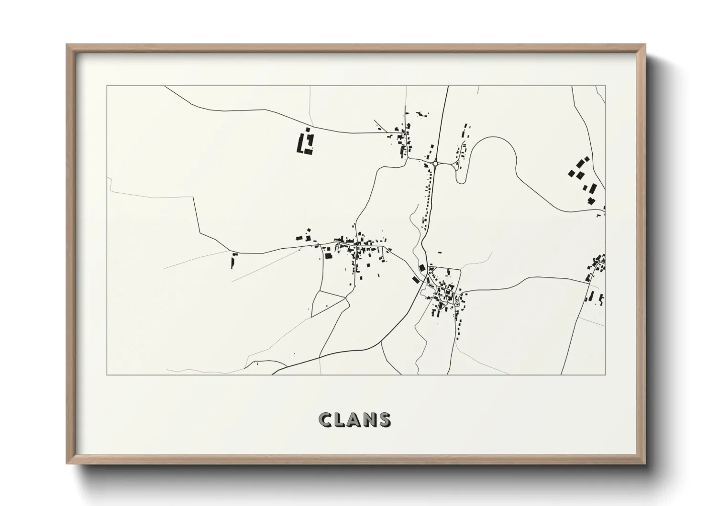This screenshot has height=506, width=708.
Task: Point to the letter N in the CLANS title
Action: [369, 419]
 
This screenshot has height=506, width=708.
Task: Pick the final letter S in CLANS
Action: [384, 419]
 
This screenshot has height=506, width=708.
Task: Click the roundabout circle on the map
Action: [435, 163]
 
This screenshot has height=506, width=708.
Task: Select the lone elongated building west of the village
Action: [234, 261]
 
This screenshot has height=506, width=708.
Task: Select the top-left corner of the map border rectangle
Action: [107, 86]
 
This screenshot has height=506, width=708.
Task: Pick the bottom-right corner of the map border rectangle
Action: [605, 374]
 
